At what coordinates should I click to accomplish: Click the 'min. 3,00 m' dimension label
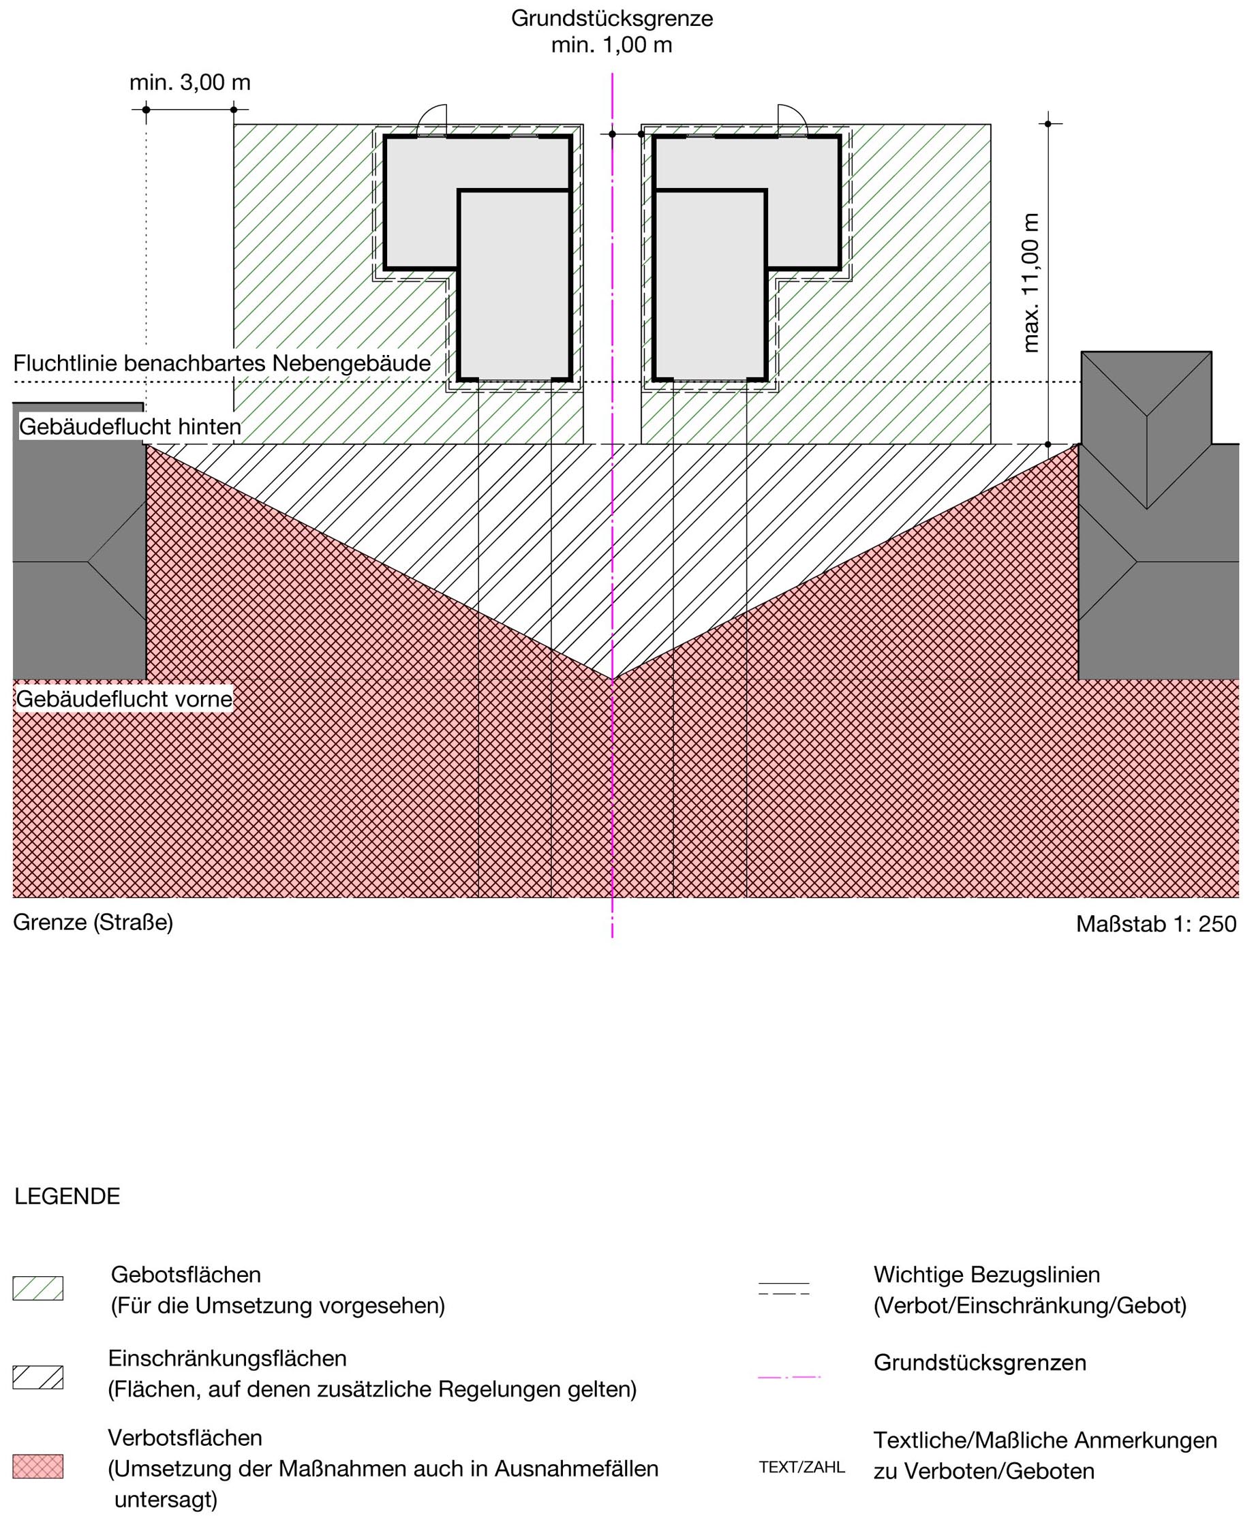[190, 82]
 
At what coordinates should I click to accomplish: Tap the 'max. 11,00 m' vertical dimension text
[1031, 282]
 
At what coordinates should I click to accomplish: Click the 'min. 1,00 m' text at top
[611, 45]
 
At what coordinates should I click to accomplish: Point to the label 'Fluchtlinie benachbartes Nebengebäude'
[222, 363]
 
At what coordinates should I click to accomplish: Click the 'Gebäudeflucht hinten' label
[130, 427]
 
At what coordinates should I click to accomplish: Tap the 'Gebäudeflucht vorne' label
[124, 699]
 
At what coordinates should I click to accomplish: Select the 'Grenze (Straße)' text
[93, 923]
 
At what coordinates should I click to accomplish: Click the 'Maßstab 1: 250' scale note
[1156, 924]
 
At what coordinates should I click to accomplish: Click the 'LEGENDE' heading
[67, 1196]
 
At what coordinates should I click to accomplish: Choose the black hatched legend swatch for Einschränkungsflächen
[38, 1378]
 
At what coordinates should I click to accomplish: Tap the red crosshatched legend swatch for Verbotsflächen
[38, 1466]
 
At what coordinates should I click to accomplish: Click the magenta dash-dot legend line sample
[789, 1378]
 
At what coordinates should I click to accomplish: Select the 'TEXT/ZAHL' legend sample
[801, 1468]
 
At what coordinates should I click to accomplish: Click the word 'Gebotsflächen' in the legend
[185, 1274]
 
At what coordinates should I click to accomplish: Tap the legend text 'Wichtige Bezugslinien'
[986, 1274]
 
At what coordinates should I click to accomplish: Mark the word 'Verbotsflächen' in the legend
[185, 1438]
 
